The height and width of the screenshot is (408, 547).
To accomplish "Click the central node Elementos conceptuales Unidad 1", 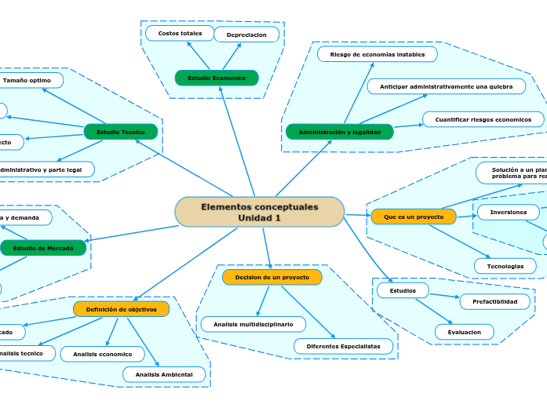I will point(260,212).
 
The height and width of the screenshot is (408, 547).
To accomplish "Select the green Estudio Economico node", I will point(217,78).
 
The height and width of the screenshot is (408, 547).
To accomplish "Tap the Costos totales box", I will point(180,33).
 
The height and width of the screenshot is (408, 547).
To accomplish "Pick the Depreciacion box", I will point(246,35).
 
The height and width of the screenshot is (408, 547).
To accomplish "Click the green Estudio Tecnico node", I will point(121,132).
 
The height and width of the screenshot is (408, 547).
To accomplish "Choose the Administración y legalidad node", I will point(339,132).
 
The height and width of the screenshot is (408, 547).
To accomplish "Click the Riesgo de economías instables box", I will point(377,54).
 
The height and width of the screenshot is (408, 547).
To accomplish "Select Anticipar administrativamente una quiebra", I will point(446,86).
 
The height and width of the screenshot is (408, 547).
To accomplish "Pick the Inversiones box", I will point(508,213).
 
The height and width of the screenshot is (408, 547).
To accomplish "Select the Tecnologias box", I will point(505,266).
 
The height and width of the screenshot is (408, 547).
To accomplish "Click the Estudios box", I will point(403,290).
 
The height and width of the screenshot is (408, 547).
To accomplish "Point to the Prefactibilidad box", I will point(494,301).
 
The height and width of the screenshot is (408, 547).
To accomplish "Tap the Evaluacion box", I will point(464,332).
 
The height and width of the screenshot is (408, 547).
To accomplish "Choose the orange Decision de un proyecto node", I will point(272,277).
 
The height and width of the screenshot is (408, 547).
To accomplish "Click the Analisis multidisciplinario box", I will point(253,324).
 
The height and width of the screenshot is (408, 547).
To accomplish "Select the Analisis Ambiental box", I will point(164,374).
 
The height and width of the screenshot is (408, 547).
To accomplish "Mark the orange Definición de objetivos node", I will point(122,309).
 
